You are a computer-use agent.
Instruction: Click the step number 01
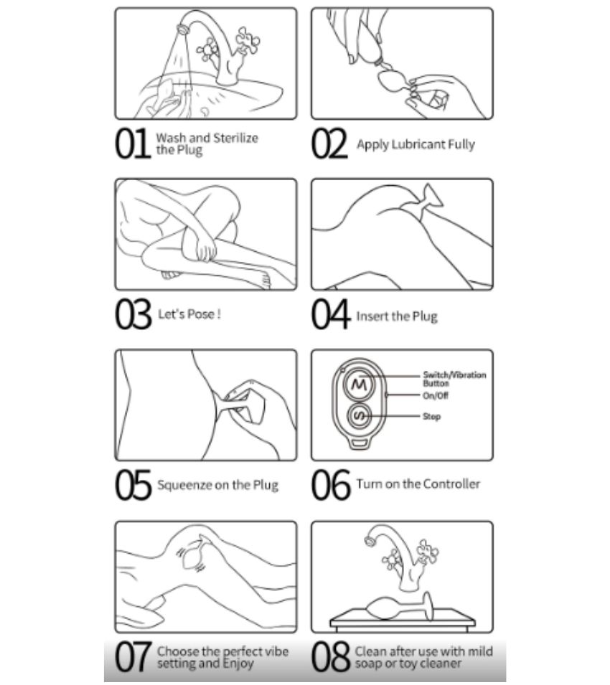coord(132,143)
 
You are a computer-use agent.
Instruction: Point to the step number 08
coord(331,656)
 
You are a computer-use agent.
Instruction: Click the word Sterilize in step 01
coord(235,138)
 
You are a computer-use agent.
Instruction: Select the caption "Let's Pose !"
coord(189,313)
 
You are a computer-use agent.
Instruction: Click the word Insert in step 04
coord(370,316)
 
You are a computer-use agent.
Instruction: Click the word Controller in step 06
coord(452,483)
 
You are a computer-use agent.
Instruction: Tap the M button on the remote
coord(360,384)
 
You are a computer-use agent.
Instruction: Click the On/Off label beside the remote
coord(435,396)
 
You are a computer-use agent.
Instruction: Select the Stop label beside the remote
coord(432,416)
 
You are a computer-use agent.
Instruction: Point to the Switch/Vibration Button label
coord(454,379)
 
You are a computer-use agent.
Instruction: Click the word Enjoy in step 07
coord(238,663)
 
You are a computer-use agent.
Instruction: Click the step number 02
coord(329,143)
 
